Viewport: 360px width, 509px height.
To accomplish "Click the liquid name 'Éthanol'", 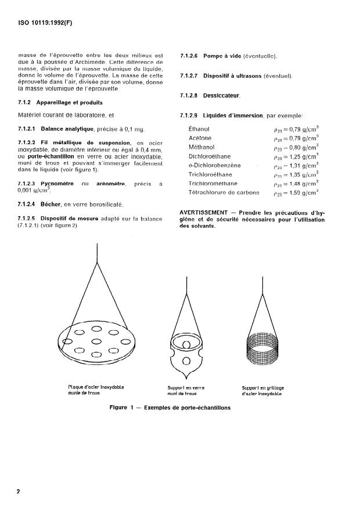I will (199, 129).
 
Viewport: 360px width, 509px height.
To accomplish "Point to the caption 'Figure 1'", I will (124, 408).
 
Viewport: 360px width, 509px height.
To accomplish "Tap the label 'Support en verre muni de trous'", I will (186, 390).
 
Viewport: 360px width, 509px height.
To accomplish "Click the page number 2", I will (18, 492).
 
